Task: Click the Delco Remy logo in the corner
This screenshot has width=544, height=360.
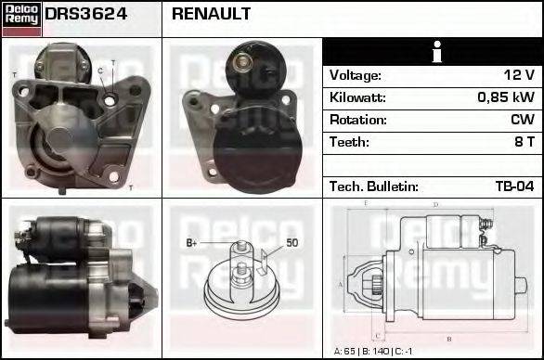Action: pos(21,18)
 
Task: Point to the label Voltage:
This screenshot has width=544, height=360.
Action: pos(356,75)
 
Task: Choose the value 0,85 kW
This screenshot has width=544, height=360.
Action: pos(506,97)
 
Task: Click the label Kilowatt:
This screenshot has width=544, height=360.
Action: pos(358,97)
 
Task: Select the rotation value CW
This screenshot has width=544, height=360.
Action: pos(523,120)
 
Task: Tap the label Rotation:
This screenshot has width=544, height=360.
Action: pos(358,120)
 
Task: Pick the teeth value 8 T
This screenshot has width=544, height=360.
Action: pos(525,142)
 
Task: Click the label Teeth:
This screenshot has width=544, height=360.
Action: pos(349,142)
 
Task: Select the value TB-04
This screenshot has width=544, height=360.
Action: pos(514,186)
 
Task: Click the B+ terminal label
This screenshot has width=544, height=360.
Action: pos(192,242)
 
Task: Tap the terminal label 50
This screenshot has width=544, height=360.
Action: pos(291,242)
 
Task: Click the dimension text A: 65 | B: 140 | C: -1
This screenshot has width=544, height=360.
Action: pos(372,351)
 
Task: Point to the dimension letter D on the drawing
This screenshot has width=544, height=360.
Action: pos(435,205)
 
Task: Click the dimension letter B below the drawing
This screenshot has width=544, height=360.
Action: pos(448,337)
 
